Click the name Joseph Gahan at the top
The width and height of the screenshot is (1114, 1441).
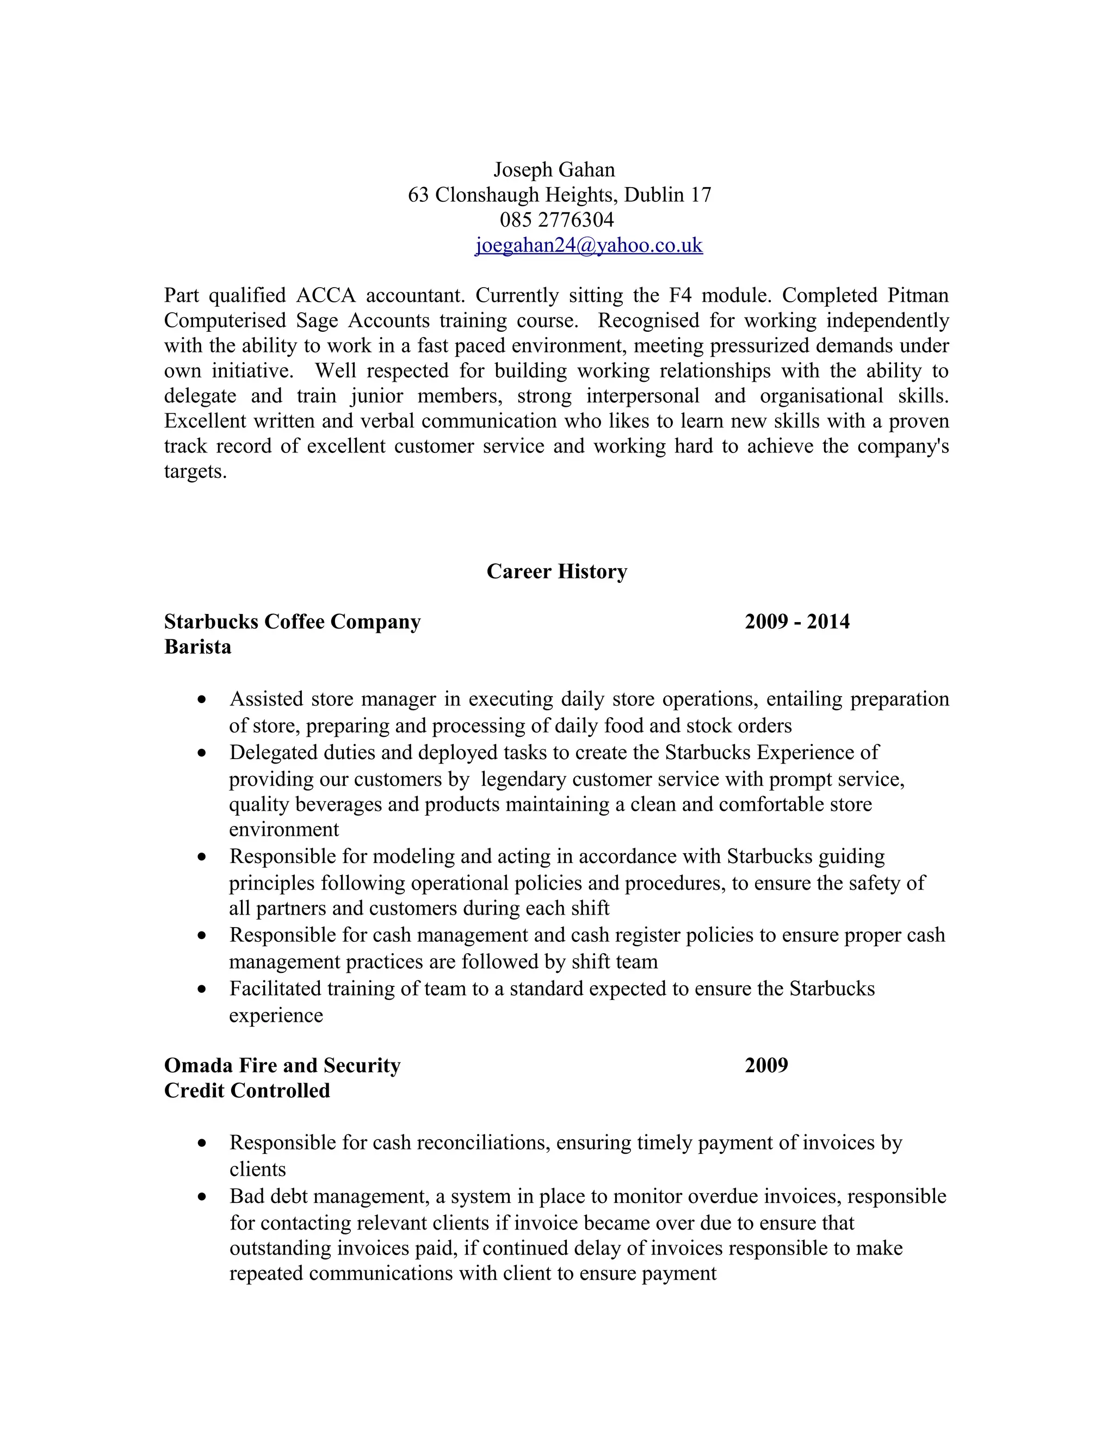pos(554,170)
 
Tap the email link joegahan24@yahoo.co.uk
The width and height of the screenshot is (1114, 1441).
pos(589,245)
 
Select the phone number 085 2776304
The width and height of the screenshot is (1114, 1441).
pos(556,220)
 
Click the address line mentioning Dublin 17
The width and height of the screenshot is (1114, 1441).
pos(559,195)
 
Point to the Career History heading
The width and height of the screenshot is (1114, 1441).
pos(556,572)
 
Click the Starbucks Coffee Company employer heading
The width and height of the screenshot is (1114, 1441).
pos(292,622)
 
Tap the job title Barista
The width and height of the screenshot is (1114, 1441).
pos(197,647)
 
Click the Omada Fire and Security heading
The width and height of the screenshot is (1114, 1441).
pos(282,1066)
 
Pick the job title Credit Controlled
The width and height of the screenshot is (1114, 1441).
pos(247,1091)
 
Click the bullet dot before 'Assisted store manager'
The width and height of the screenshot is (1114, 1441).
pos(202,699)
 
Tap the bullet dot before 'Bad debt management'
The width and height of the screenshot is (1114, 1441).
pos(202,1196)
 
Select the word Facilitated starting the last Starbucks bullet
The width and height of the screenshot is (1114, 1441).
pos(275,989)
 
